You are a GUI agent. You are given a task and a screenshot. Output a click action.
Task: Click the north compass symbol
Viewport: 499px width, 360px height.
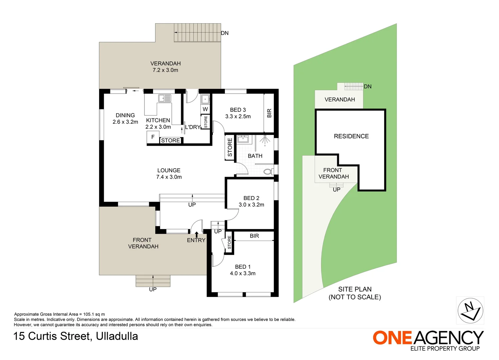470,310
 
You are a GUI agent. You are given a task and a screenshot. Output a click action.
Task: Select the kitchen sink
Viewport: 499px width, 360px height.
165,98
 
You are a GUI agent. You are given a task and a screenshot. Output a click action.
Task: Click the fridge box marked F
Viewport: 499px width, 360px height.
153,137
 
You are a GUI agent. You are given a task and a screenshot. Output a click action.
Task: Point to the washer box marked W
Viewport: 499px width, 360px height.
205,109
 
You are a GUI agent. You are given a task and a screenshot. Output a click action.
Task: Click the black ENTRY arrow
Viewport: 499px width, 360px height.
196,234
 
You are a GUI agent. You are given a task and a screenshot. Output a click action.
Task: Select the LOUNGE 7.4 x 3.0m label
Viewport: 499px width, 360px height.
169,174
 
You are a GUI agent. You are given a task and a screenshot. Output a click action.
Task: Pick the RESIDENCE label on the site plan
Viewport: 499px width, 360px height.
351,136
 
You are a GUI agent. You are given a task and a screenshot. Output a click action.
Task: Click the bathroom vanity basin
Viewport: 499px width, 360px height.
242,139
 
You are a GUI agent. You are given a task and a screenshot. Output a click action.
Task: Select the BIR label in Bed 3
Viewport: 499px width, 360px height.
269,113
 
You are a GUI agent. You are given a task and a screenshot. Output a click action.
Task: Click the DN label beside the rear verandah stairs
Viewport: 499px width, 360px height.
225,33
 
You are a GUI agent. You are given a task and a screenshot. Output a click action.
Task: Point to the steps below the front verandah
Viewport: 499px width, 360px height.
153,281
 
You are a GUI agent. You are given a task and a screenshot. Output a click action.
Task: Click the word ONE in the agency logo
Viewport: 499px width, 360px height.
393,338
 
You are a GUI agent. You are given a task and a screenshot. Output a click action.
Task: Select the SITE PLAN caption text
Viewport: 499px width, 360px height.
355,289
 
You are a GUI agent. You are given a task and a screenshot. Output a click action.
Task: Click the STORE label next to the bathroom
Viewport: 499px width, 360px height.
230,147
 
